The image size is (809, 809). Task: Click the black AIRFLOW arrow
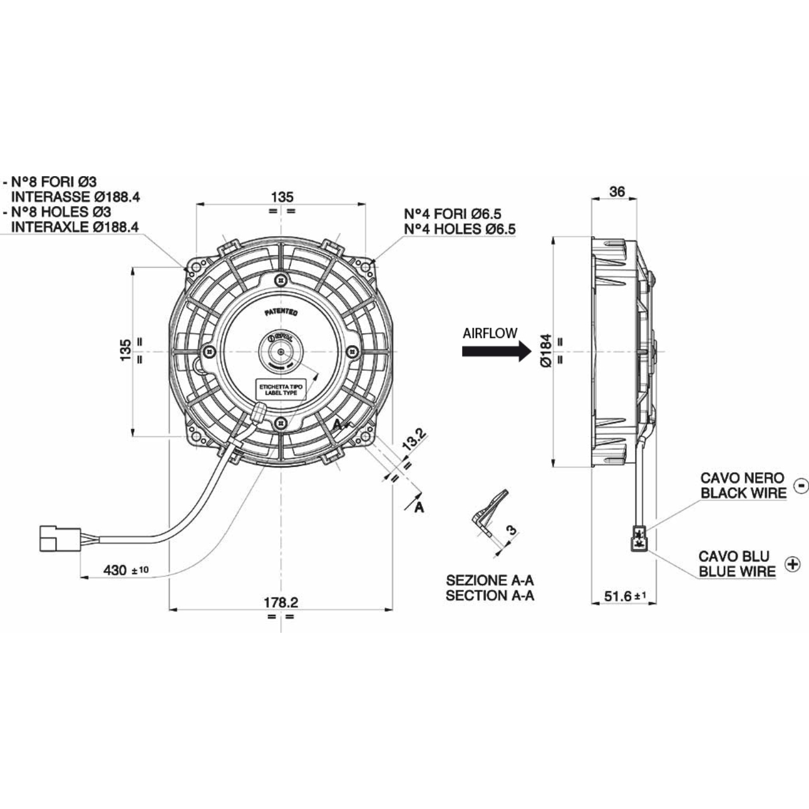pos(496,352)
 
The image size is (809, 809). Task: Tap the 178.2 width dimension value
pos(281,602)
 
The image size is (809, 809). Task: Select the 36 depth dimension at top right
pos(617,192)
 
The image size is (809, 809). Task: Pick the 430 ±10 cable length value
pos(126,570)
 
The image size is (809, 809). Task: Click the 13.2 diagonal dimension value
pos(413,439)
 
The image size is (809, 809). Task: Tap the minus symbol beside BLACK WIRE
pos(801,485)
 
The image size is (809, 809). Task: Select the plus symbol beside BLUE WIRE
pos(793,564)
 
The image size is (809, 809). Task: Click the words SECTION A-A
pos(490,596)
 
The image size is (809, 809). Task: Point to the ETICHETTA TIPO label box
pos(281,390)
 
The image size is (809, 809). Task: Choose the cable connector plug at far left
pos(59,538)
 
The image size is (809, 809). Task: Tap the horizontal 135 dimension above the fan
pos(282,197)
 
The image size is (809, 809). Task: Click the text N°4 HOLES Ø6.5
pos(460,229)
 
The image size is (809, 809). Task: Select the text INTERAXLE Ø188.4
pos(75,227)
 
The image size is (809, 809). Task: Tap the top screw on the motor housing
pos(281,279)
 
